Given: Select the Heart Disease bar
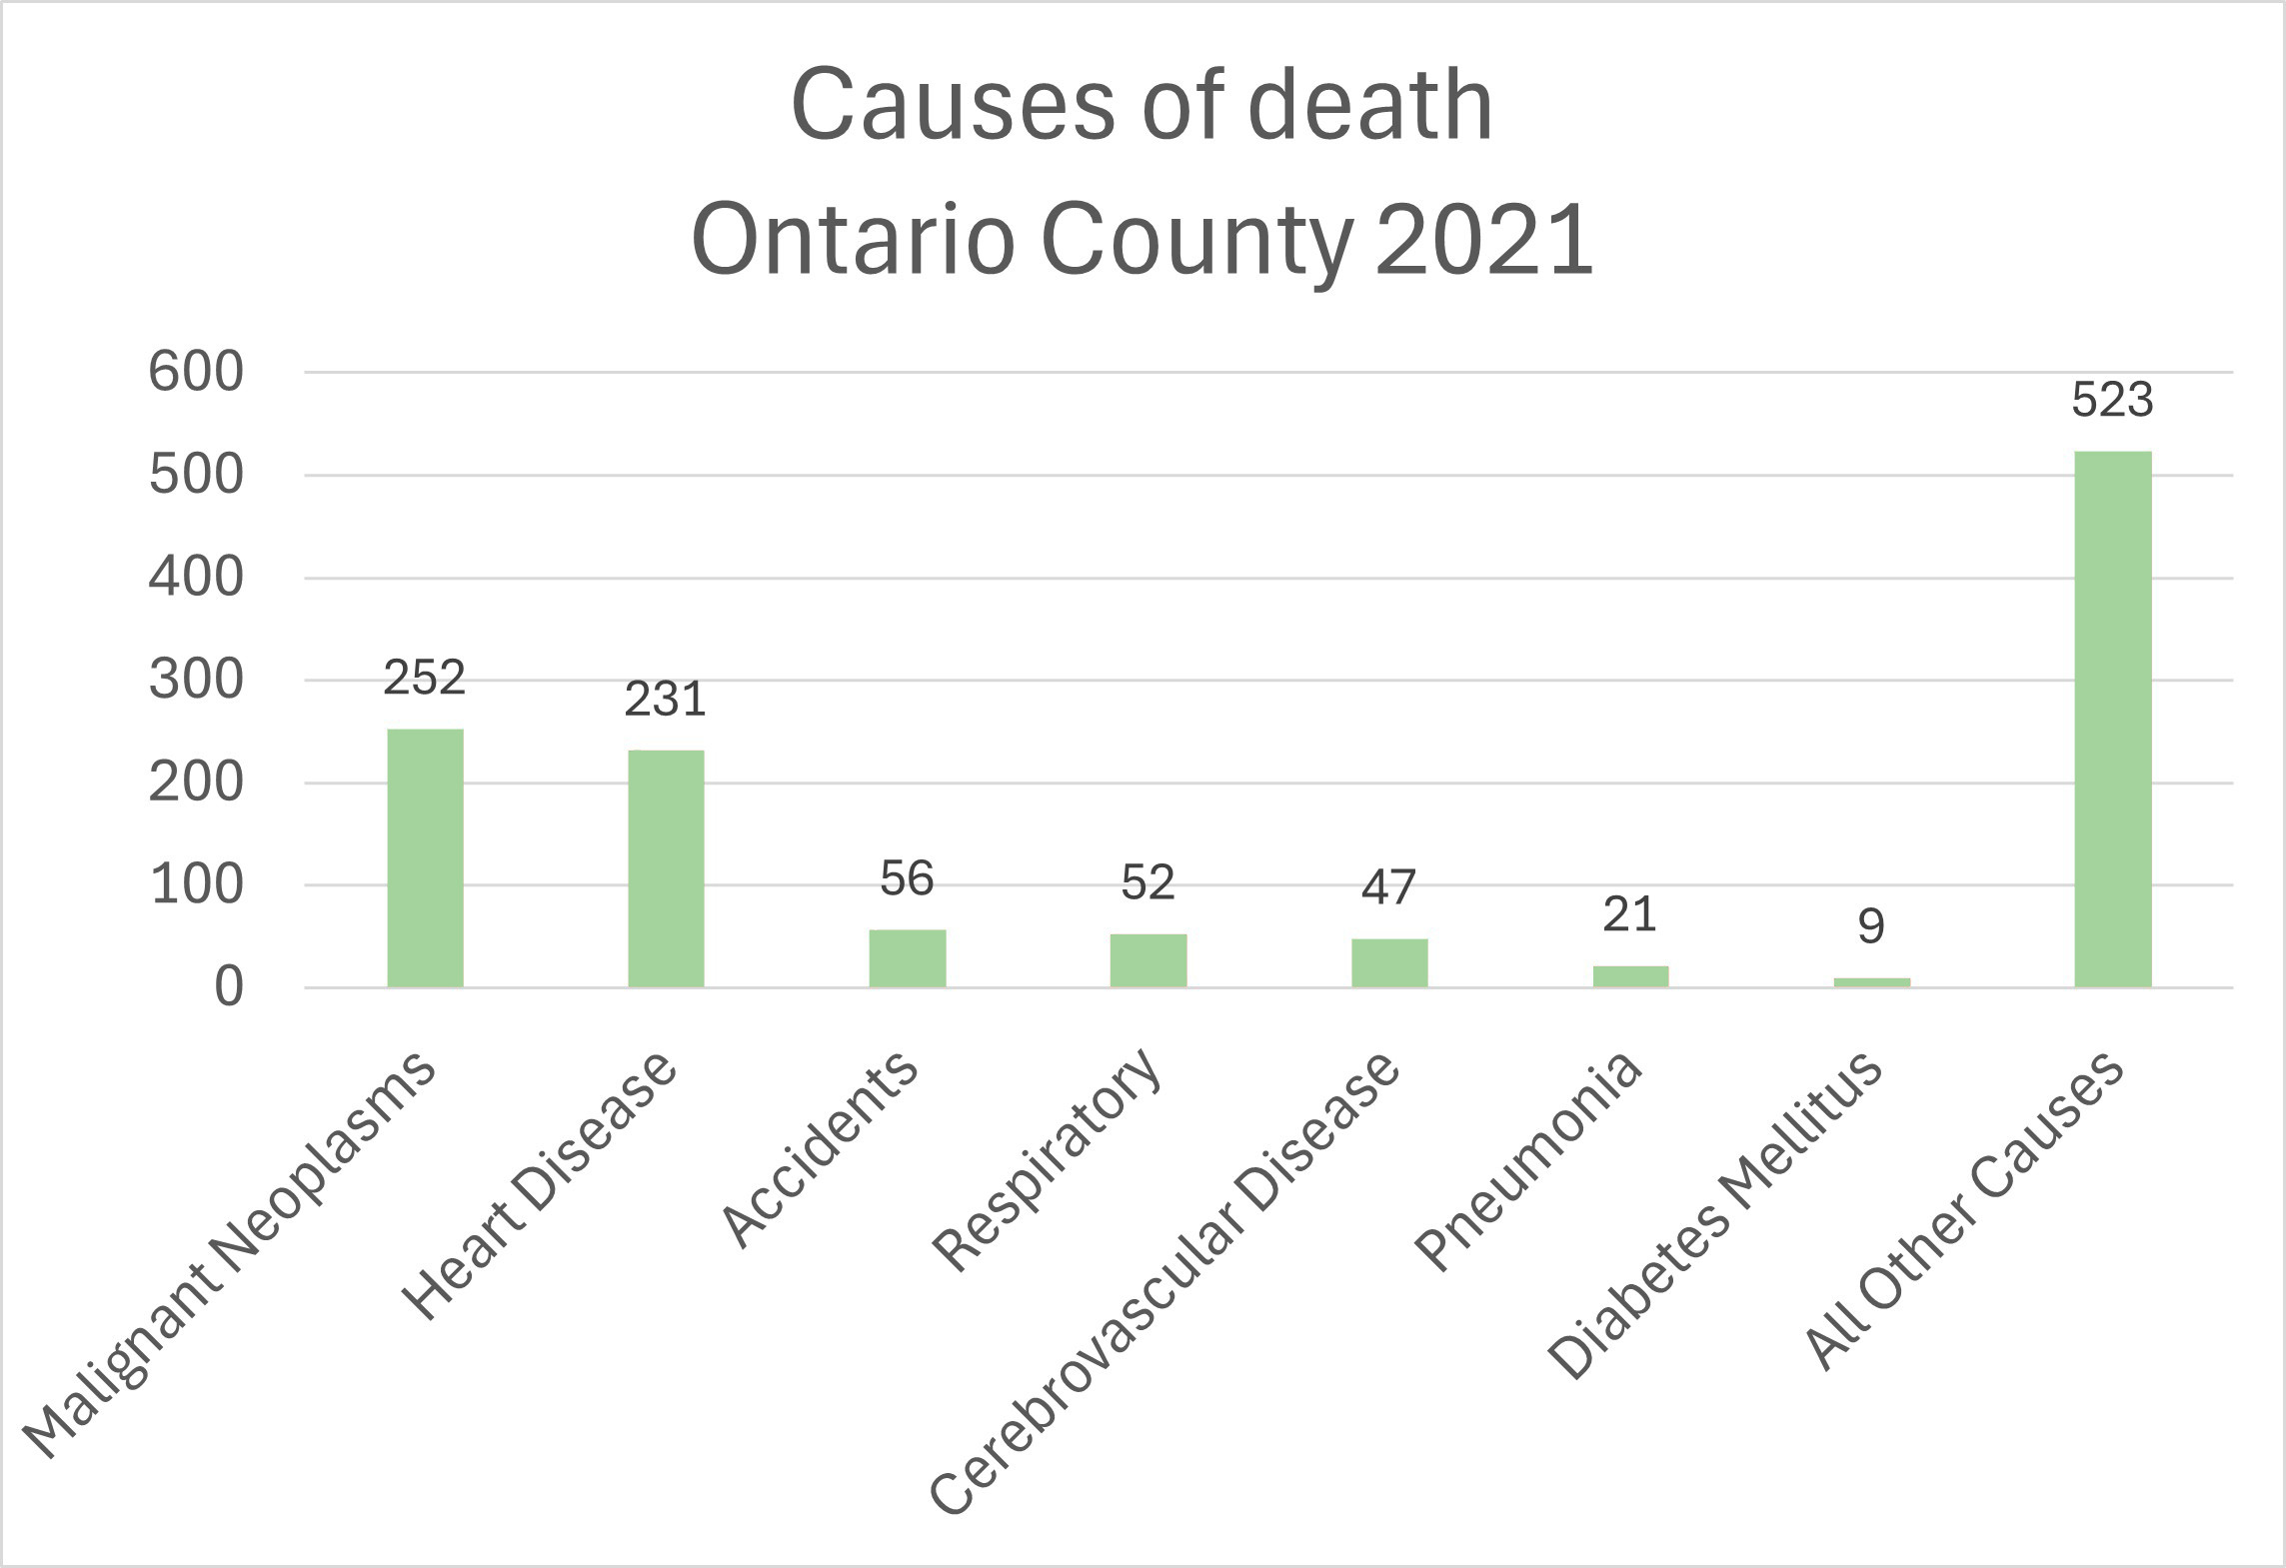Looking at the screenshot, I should click(x=666, y=868).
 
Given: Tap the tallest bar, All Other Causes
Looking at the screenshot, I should click(x=2112, y=720).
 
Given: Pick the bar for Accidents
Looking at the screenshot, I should click(x=907, y=958).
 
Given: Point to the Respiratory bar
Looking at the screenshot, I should click(x=1147, y=960).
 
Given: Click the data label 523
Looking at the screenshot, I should click(x=2112, y=400).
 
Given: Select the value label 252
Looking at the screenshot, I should click(x=425, y=678).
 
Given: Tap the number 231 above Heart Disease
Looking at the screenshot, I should click(x=666, y=700).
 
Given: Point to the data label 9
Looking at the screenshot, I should click(x=1871, y=926).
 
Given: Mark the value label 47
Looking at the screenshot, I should click(x=1389, y=887).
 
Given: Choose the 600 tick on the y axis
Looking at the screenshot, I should click(x=196, y=372).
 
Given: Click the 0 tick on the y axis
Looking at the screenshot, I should click(x=229, y=987).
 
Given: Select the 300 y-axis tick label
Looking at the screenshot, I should click(x=196, y=681).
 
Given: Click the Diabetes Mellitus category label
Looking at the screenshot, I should click(x=1715, y=1214).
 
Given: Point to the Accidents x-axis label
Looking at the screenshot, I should click(x=820, y=1149).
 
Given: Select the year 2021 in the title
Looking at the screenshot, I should click(x=1483, y=240).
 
